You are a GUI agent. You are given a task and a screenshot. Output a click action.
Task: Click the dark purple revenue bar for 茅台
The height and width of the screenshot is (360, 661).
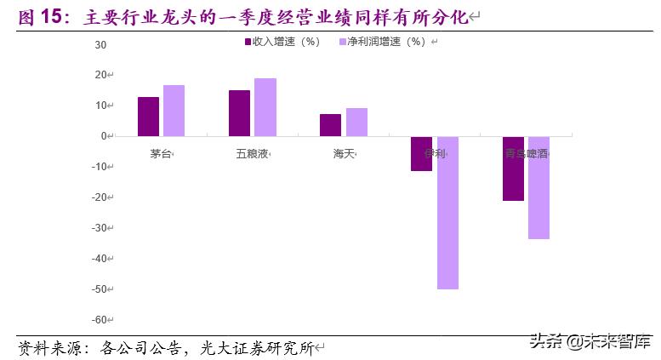(148, 117)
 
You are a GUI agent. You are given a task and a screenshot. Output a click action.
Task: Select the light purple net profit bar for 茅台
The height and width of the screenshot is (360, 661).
(174, 111)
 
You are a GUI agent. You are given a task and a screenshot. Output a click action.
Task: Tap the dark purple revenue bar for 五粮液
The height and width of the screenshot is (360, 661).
(239, 113)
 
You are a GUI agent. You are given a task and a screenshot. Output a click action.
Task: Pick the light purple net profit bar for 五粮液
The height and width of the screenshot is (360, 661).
(265, 107)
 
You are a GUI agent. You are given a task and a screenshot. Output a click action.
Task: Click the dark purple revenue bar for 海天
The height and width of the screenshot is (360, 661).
(330, 125)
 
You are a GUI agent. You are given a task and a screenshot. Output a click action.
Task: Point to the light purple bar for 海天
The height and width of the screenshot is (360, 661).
(356, 122)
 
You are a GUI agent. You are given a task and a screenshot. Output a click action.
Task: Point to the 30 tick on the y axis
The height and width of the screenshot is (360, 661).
(100, 44)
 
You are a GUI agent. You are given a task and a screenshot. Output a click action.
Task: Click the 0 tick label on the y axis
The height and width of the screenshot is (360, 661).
(103, 136)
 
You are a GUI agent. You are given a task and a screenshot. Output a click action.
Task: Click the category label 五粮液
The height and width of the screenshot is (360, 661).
(253, 154)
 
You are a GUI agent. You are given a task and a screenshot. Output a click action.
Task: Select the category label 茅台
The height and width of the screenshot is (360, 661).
(161, 154)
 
